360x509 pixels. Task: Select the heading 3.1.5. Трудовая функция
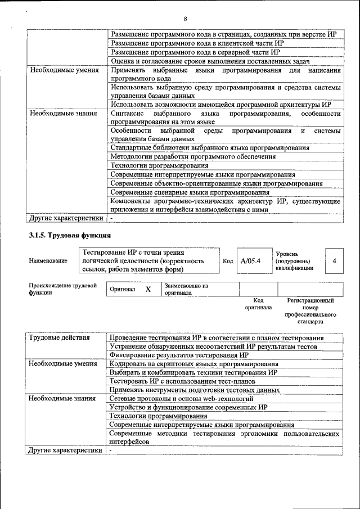click(70, 235)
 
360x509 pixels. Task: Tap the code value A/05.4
click(250, 261)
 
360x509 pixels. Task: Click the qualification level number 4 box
click(335, 261)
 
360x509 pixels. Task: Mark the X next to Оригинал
click(148, 289)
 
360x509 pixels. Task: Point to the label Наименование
click(48, 261)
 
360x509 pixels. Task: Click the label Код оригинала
click(258, 304)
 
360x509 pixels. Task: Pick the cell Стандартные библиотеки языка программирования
click(210, 148)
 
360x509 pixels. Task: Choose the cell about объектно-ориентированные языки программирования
click(217, 184)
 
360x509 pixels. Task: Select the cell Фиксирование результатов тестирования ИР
click(179, 355)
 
